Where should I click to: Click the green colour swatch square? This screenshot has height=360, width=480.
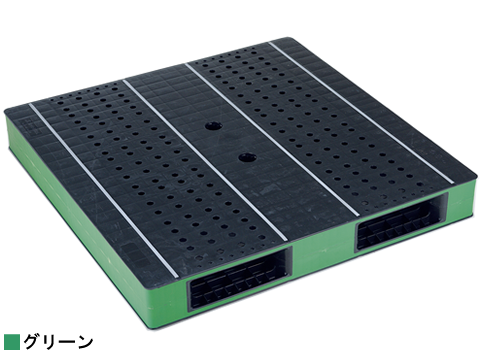(12, 341)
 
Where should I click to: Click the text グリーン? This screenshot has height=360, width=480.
(58, 342)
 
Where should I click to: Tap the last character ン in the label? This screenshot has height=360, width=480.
(85, 342)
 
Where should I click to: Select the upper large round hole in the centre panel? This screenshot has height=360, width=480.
(213, 126)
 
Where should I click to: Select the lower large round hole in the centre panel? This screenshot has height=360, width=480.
(247, 156)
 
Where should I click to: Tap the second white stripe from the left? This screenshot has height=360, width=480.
(205, 160)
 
